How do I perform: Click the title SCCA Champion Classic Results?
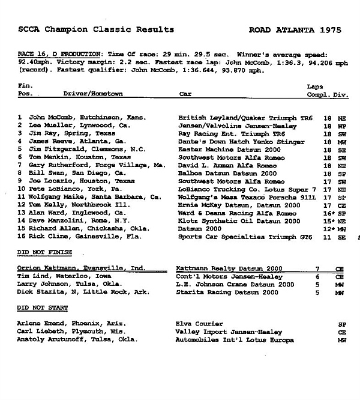95,29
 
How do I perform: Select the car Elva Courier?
202,324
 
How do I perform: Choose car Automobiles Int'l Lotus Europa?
236,340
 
